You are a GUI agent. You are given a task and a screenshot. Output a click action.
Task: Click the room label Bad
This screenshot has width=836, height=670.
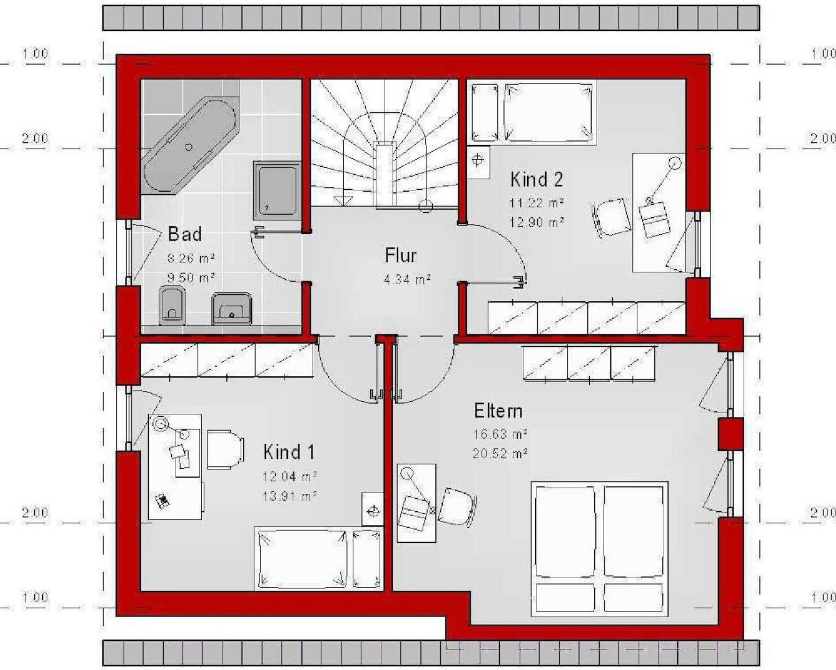click(x=185, y=234)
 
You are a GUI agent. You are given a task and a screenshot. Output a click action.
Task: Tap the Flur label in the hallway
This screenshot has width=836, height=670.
click(x=401, y=256)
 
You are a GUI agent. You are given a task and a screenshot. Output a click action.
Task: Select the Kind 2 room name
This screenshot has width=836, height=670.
click(x=536, y=179)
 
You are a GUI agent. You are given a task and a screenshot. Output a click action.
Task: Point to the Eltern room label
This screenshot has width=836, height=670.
click(x=498, y=411)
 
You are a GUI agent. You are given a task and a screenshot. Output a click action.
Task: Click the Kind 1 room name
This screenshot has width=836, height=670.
click(x=288, y=452)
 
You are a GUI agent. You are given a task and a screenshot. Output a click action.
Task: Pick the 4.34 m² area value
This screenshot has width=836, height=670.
click(x=407, y=279)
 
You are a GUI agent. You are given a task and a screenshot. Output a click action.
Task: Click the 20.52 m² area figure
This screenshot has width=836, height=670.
click(x=500, y=453)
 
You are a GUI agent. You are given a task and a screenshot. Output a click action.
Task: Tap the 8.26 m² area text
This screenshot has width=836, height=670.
click(x=191, y=257)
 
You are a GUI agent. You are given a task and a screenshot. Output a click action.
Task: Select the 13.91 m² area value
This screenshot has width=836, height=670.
click(x=290, y=496)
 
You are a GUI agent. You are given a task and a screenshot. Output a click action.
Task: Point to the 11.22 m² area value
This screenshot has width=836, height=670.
click(x=536, y=202)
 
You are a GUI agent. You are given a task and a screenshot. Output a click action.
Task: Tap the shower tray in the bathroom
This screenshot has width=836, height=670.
click(x=277, y=191)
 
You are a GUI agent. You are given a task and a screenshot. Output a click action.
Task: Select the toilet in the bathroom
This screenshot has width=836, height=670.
click(x=172, y=305)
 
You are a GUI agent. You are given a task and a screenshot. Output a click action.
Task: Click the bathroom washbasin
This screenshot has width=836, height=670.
click(x=231, y=308)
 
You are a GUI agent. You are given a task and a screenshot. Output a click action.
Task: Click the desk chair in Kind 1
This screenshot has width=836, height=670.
click(x=225, y=449)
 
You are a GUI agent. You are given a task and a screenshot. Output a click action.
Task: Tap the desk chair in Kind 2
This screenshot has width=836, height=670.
click(x=611, y=217)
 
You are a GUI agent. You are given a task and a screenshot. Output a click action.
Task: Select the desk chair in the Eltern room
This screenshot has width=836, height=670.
click(x=457, y=507)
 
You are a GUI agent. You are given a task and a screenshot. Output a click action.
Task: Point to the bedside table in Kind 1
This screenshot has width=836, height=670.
click(x=373, y=509)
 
